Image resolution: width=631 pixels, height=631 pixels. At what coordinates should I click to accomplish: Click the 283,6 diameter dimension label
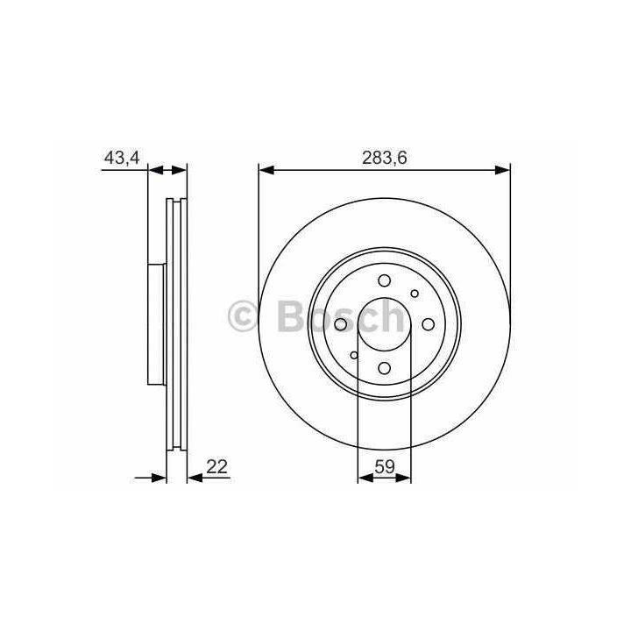385,158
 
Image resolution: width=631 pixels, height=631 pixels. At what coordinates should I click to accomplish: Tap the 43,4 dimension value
122,158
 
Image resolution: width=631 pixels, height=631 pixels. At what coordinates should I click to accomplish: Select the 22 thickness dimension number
217,467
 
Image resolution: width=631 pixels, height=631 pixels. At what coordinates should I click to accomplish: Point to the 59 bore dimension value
385,467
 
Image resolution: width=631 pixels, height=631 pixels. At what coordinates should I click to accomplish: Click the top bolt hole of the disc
385,280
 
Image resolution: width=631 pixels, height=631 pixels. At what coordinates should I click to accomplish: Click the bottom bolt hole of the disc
385,368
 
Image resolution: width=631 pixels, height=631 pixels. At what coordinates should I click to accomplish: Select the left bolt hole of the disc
341,324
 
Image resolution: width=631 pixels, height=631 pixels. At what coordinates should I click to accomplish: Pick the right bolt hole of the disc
428,324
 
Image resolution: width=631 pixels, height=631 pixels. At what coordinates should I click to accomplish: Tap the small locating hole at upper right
415,294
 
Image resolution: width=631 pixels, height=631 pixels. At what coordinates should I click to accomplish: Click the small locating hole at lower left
354,355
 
